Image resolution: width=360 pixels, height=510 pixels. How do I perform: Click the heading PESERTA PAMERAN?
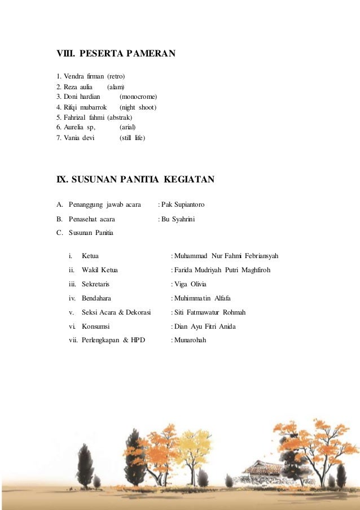(x=128, y=54)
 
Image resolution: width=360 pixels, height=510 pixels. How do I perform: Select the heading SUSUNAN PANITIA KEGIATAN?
(x=143, y=180)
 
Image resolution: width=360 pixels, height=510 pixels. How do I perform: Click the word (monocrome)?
(x=138, y=97)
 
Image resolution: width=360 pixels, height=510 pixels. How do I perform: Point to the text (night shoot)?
(x=138, y=107)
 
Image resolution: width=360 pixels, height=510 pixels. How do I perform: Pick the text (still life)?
(x=132, y=137)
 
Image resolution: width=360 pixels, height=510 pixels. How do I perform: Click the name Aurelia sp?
(x=80, y=127)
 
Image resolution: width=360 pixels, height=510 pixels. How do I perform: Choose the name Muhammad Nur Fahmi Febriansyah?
(x=227, y=256)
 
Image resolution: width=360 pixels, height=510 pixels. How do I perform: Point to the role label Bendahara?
(x=96, y=298)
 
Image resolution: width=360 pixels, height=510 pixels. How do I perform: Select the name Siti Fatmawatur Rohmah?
(x=210, y=312)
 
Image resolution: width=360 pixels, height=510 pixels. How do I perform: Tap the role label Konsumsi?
(x=95, y=326)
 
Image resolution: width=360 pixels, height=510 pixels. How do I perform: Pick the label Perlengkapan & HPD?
(x=113, y=341)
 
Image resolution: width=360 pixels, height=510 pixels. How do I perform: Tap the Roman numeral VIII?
(x=64, y=54)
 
